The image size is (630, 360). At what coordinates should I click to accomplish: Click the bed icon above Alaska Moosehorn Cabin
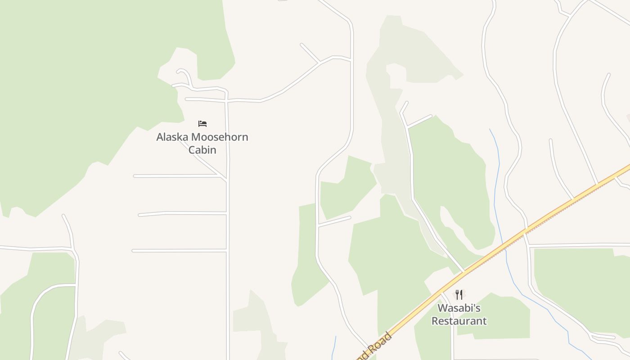point(202,123)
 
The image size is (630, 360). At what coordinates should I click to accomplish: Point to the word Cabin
point(202,150)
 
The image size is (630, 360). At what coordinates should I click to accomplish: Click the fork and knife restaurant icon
point(459,295)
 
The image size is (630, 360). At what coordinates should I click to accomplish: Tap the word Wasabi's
point(459,308)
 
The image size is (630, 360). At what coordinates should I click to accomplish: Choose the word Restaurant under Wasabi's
point(459,321)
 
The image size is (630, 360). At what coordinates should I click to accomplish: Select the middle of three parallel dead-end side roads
point(180,213)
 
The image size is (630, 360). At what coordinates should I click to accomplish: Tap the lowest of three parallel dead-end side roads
point(180,250)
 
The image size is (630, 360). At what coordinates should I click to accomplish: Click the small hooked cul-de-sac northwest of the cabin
point(184,73)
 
